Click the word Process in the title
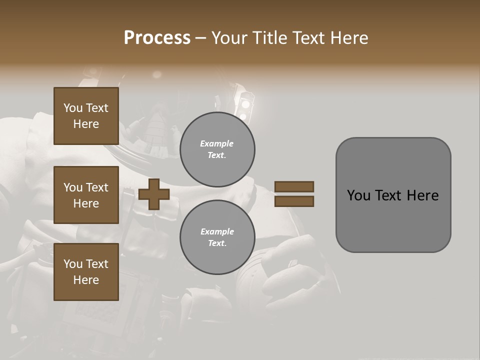[x=157, y=38]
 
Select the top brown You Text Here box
[x=86, y=116]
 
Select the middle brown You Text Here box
[x=86, y=195]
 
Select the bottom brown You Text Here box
[x=86, y=271]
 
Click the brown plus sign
[x=153, y=194]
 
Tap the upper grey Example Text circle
[x=217, y=149]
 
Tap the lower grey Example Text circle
[x=217, y=237]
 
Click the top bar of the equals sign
[x=294, y=187]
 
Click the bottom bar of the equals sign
[x=294, y=201]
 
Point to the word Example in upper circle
[x=217, y=144]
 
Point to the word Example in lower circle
[x=217, y=231]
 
